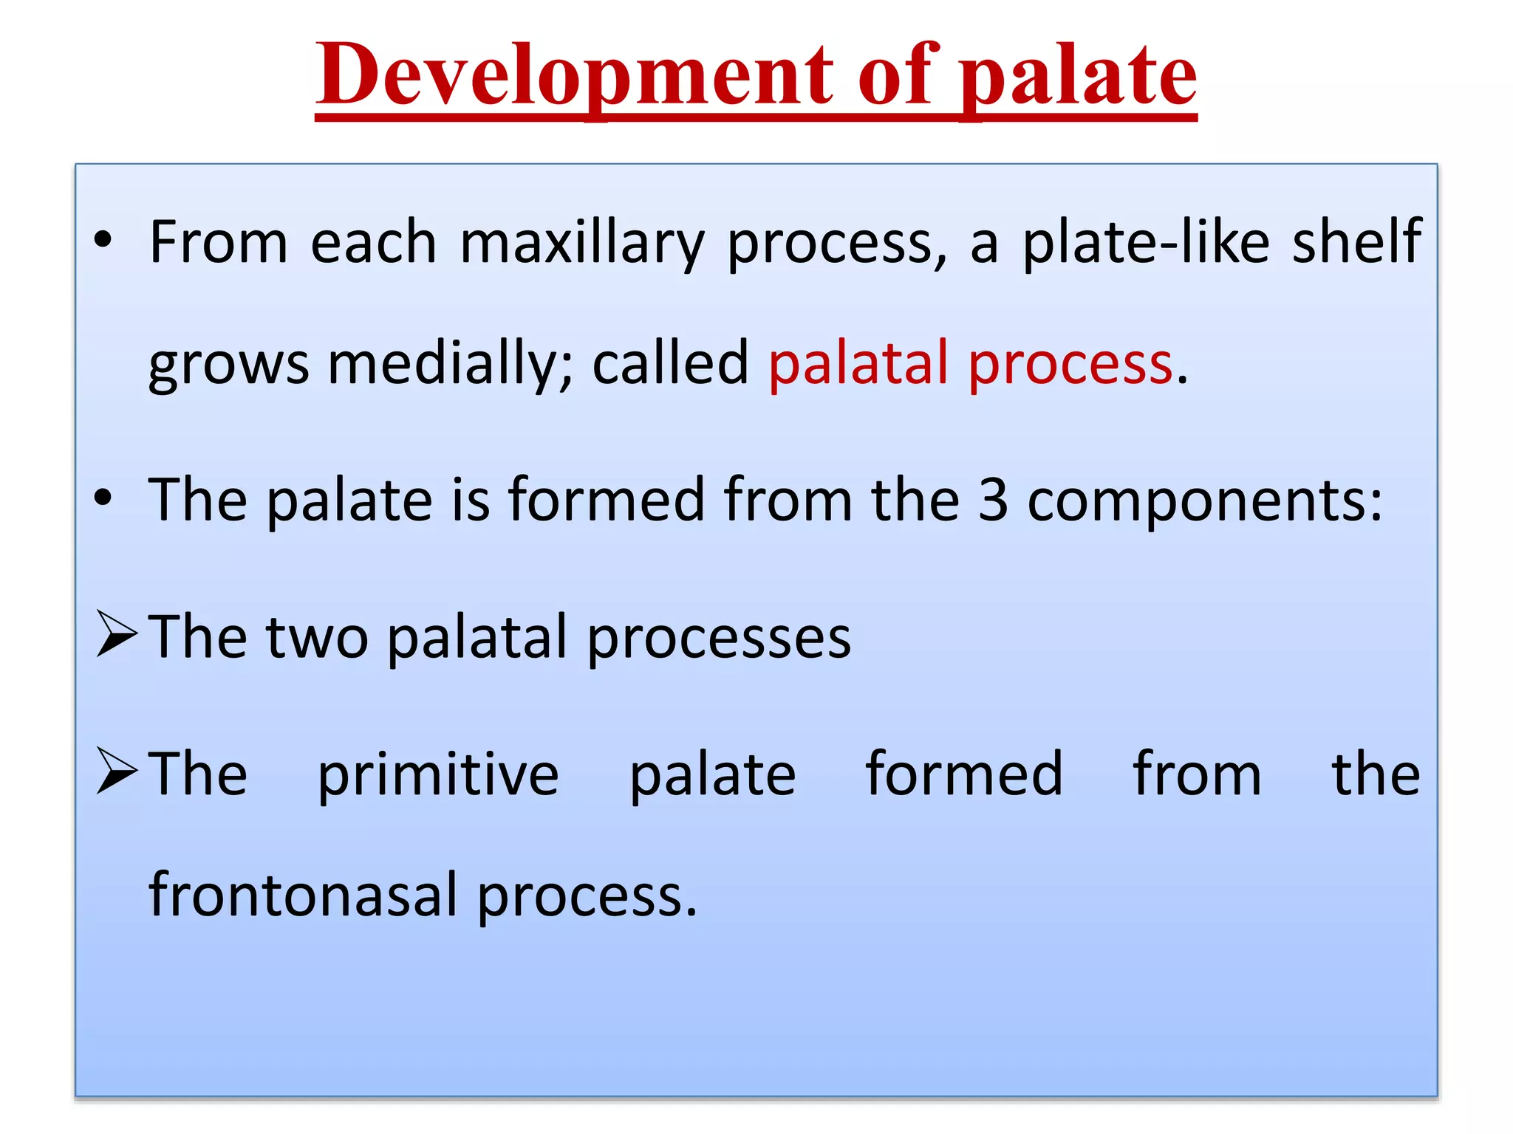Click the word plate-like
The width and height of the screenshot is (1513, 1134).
[x=1146, y=244]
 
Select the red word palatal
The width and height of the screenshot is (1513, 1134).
[x=858, y=363]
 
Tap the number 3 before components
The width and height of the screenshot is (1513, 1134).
[x=993, y=501]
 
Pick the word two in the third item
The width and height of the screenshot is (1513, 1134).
[x=318, y=638]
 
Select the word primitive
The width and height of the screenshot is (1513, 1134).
[x=438, y=775]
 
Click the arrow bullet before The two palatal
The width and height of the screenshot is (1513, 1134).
[x=117, y=635]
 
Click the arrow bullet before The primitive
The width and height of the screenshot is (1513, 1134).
[x=117, y=772]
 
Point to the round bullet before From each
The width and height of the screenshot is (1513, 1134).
[x=103, y=240]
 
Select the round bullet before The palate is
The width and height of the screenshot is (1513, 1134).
[x=103, y=498]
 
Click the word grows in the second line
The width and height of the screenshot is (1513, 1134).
[x=228, y=365]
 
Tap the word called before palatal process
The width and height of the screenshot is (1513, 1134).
[x=670, y=363]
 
